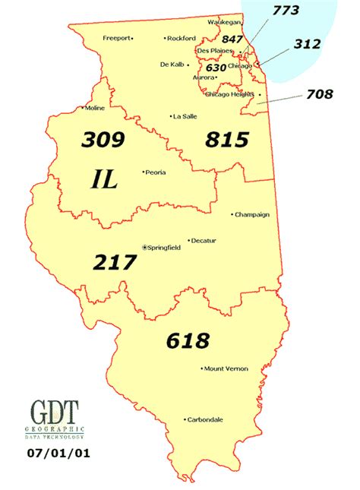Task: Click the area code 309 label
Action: tap(104, 141)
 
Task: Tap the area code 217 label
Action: tap(115, 262)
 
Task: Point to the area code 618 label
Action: tap(187, 340)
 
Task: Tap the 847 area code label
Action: tap(232, 40)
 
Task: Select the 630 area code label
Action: tap(216, 68)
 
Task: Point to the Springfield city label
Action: tap(164, 247)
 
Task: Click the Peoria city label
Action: tap(155, 172)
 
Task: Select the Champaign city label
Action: tap(252, 214)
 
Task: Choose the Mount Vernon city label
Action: tap(225, 369)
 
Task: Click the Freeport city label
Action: tap(116, 37)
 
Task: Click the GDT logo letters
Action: tap(55, 414)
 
